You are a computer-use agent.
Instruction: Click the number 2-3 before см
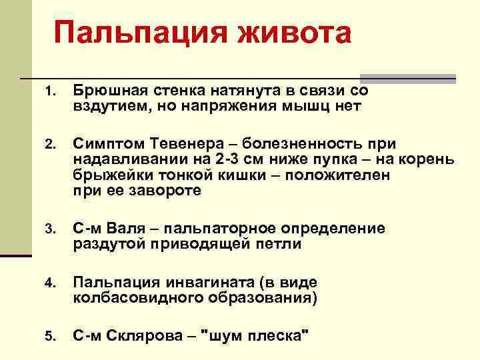pyautogui.click(x=231, y=160)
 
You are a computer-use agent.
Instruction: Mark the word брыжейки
pyautogui.click(x=107, y=175)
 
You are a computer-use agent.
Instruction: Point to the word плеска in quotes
pyautogui.click(x=275, y=335)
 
